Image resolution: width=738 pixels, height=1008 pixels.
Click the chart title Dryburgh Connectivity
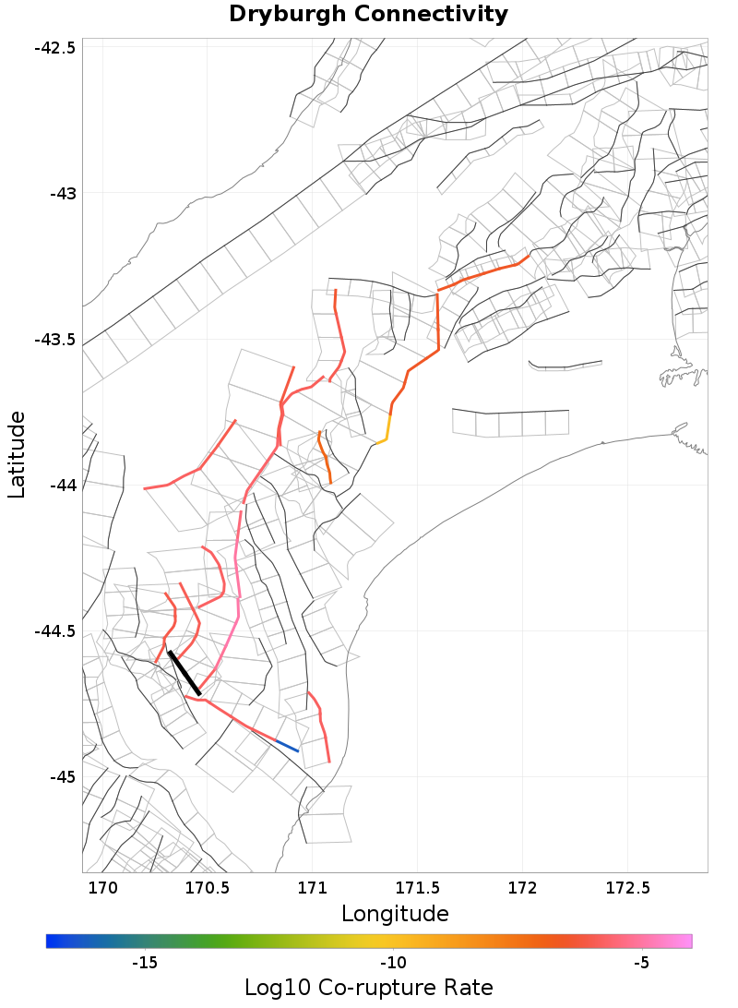click(368, 15)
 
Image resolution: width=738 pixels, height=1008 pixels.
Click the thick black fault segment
click(184, 672)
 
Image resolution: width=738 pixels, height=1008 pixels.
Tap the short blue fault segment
click(287, 745)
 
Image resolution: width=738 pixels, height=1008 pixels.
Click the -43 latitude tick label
click(62, 193)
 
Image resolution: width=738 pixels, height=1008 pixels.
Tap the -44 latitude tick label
click(62, 485)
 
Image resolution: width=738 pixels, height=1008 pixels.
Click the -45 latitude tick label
click(62, 776)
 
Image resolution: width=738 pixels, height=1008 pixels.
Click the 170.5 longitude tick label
click(207, 888)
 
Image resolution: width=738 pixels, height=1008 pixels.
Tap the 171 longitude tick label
click(312, 888)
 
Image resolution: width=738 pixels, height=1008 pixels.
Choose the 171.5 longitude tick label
click(417, 888)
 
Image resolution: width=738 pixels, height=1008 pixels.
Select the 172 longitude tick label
click(523, 888)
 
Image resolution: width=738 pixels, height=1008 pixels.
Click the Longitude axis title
click(395, 914)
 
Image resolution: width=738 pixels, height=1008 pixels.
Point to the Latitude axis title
click(17, 455)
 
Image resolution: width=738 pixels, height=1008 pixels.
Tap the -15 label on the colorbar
click(145, 964)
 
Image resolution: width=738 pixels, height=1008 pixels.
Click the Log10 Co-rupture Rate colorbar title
click(369, 987)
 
